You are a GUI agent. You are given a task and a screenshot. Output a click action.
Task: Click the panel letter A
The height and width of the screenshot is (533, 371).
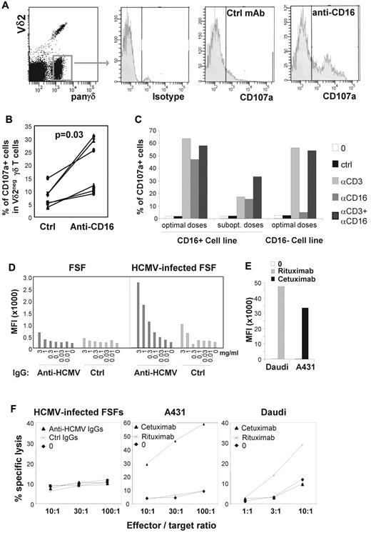(x=6, y=6)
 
